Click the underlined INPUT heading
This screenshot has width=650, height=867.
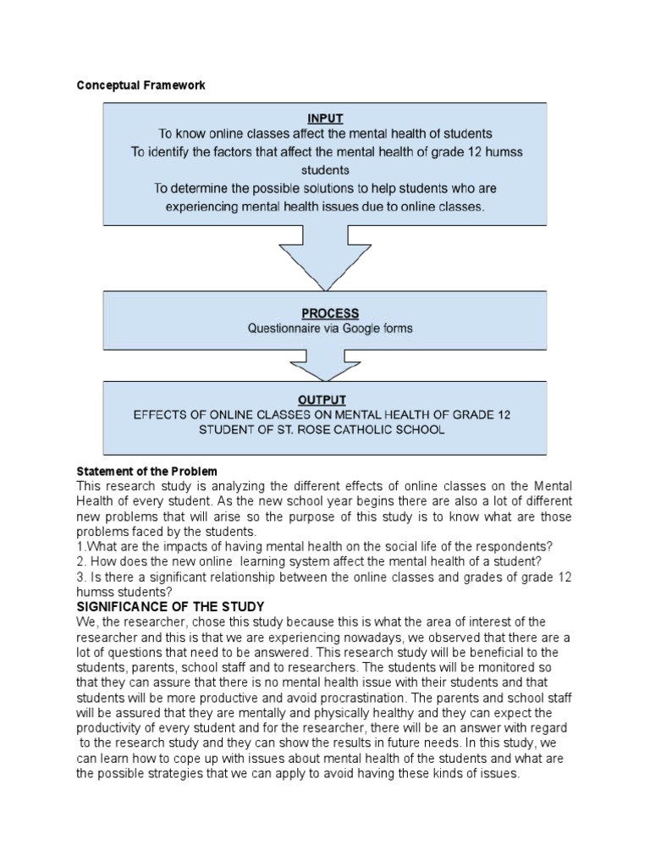(324, 119)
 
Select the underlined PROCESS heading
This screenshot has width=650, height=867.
(324, 313)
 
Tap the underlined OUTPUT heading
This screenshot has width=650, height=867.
(322, 400)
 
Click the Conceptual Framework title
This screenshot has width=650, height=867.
(140, 86)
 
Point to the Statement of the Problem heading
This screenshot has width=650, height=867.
(146, 471)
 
